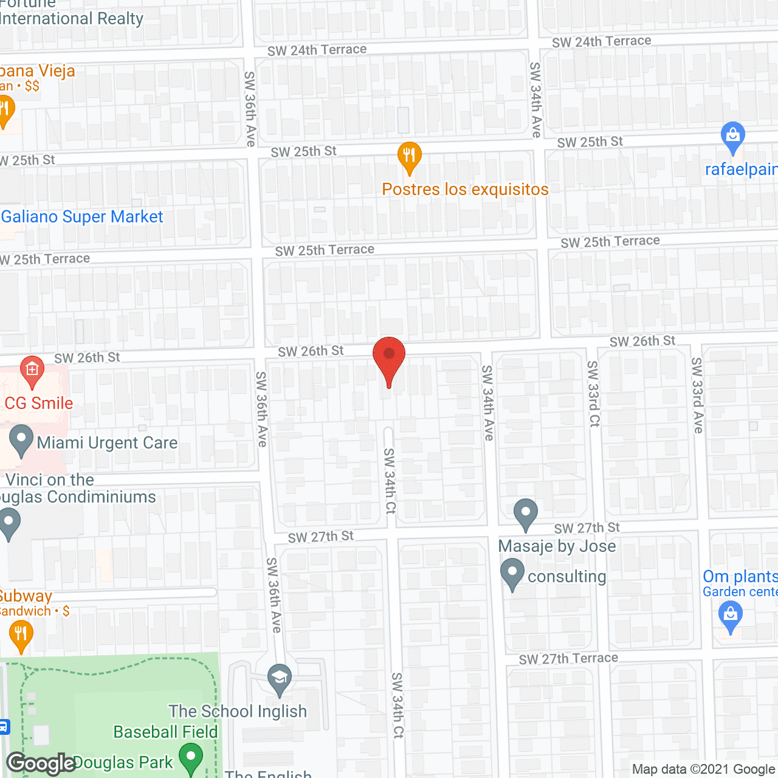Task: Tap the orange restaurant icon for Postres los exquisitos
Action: click(x=410, y=156)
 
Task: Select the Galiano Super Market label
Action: click(x=82, y=217)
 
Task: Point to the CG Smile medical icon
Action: click(x=32, y=370)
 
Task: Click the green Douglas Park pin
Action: click(x=191, y=759)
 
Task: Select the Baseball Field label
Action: click(x=165, y=732)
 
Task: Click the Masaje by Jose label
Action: click(x=557, y=546)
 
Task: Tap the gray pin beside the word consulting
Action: click(x=512, y=573)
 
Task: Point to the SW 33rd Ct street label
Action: click(x=593, y=393)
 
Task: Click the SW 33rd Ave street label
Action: click(x=697, y=395)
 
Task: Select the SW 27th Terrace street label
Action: click(x=568, y=659)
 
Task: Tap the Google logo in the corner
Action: click(x=41, y=763)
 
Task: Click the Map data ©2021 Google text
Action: click(x=704, y=769)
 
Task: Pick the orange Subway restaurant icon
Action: click(x=21, y=635)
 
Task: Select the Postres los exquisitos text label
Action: click(x=465, y=190)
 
